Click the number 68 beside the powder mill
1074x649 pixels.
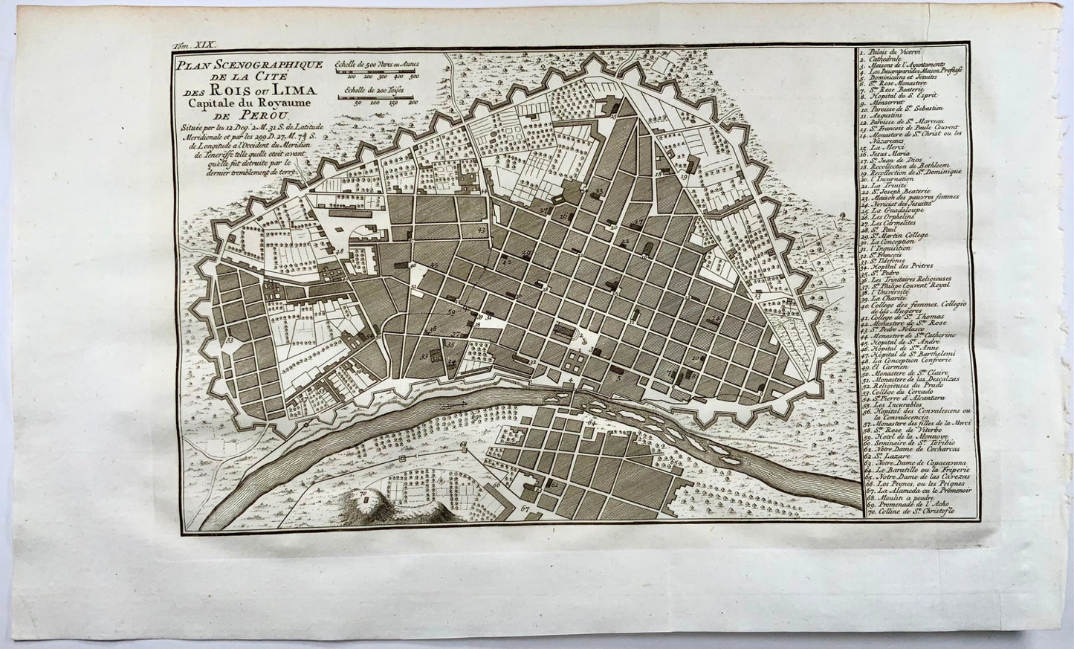coord(462,445)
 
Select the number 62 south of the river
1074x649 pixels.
coord(554,482)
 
